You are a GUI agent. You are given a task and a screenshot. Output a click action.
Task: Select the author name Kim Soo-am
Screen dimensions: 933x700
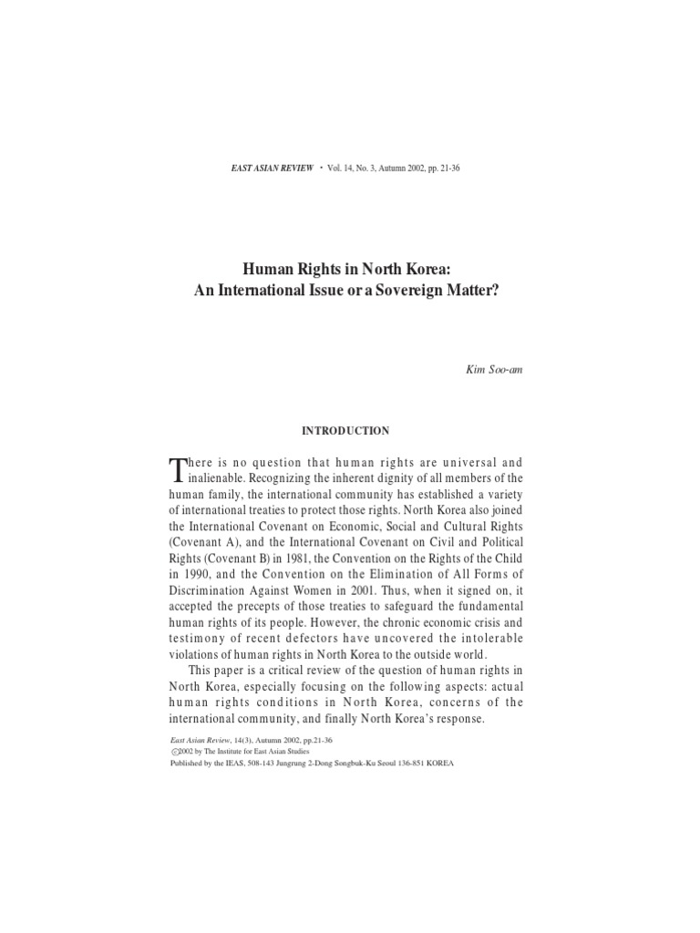click(x=500, y=371)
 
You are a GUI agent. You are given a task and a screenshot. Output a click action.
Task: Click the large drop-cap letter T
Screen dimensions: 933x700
click(x=178, y=468)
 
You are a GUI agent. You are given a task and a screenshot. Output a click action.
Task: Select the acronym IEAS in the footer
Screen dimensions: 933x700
click(x=228, y=764)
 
